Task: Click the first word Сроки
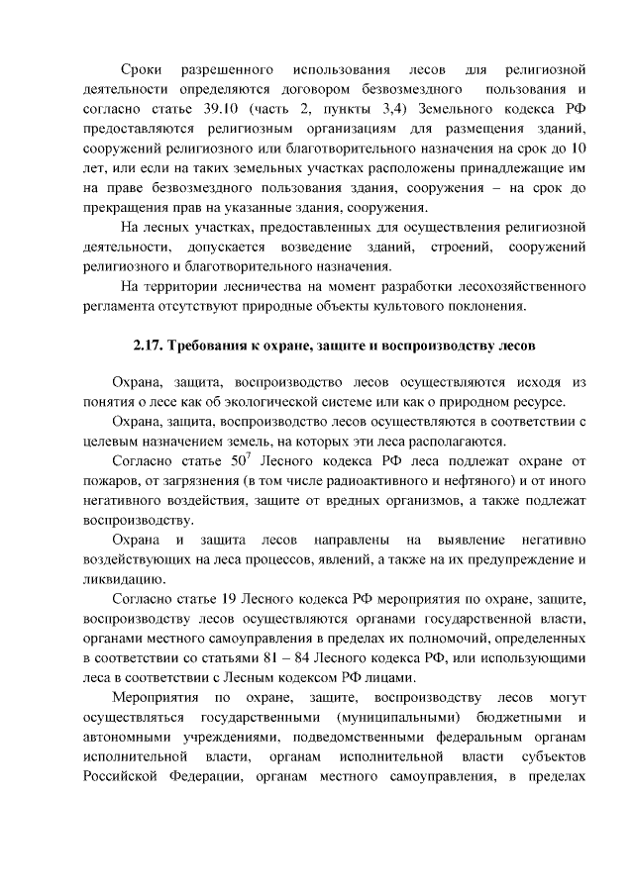click(142, 70)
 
